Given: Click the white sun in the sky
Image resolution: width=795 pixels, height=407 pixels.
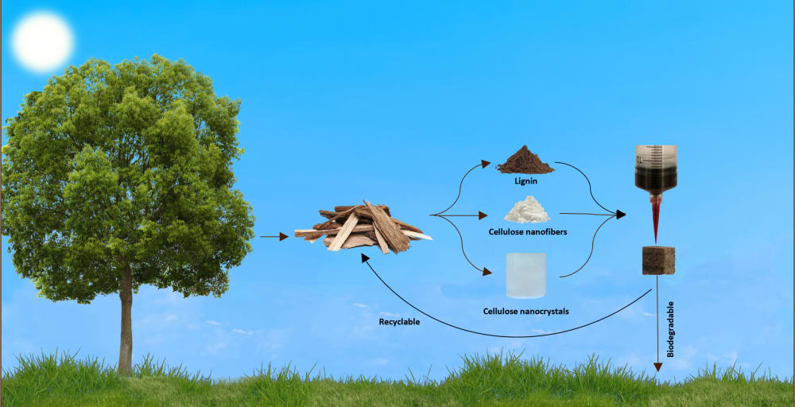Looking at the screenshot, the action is [42, 41].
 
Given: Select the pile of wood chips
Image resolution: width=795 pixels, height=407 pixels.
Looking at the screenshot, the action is [363, 228].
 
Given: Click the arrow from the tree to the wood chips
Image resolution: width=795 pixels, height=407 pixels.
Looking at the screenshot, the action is [274, 236].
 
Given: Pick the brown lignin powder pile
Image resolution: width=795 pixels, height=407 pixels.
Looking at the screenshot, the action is [525, 161].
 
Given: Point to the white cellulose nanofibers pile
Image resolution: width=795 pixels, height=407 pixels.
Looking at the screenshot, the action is [527, 210].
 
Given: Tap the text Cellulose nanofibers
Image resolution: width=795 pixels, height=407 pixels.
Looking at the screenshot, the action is [526, 231].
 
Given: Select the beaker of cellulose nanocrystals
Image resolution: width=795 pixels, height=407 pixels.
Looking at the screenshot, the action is [525, 275].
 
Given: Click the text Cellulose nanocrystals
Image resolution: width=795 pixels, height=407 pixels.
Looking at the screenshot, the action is [526, 311].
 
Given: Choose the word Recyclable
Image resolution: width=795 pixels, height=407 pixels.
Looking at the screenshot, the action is [401, 323].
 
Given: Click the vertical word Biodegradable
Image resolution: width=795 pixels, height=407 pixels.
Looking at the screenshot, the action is [670, 329].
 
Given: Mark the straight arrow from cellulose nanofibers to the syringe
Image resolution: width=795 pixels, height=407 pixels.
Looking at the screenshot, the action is [588, 214].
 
